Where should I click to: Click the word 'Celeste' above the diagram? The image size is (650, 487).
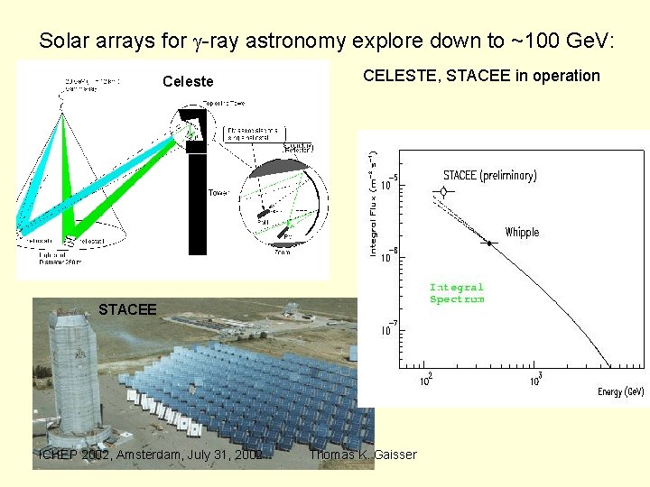click(188, 82)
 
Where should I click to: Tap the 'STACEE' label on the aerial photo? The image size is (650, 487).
click(127, 310)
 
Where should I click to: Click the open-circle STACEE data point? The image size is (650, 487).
click(442, 192)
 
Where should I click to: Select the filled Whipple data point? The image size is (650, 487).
click(489, 243)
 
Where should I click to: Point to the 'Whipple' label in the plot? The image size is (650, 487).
click(522, 233)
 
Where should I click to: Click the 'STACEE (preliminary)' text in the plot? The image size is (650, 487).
click(489, 175)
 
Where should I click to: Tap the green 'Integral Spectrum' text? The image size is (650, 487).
click(457, 293)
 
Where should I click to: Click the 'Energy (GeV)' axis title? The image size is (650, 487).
click(620, 392)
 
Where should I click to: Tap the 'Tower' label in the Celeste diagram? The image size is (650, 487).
click(218, 193)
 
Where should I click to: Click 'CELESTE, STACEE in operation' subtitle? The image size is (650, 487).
click(481, 76)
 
